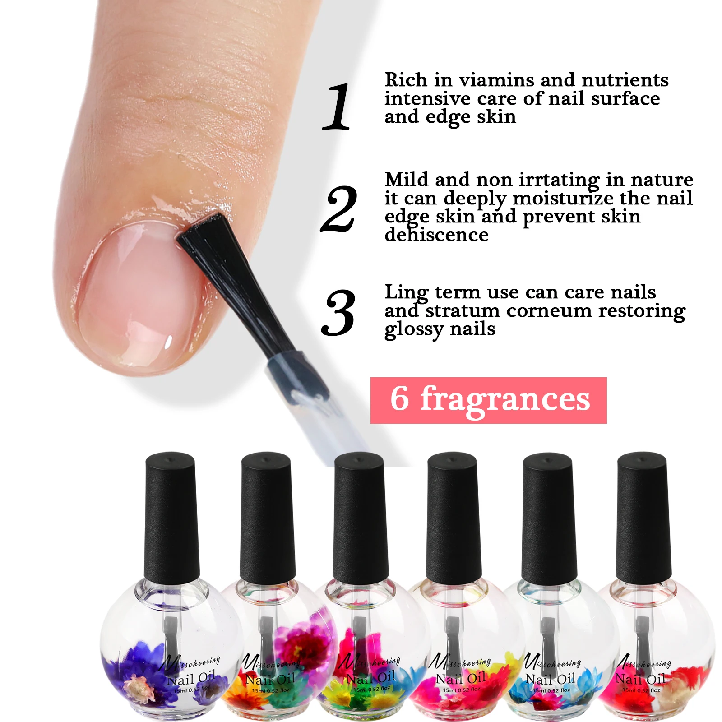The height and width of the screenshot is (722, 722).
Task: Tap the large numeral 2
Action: [x=339, y=209]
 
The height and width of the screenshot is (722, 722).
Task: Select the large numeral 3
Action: [x=338, y=313]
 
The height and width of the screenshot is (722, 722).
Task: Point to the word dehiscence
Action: [x=436, y=235]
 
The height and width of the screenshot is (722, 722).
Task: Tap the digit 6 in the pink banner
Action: [x=400, y=399]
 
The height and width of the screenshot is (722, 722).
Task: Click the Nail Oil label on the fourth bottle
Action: [x=460, y=678]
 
